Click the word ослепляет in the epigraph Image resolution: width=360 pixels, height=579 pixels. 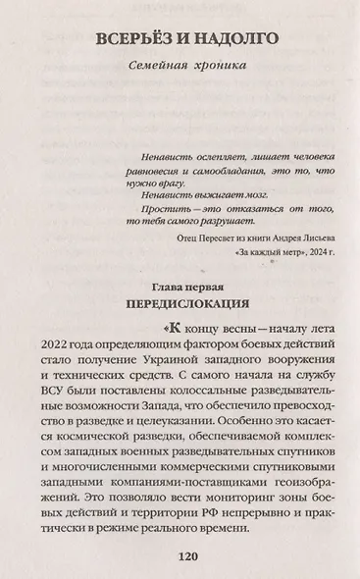point(205,157)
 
